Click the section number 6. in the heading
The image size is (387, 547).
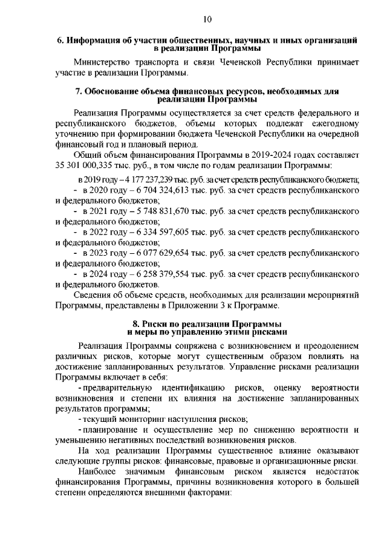[60, 40]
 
